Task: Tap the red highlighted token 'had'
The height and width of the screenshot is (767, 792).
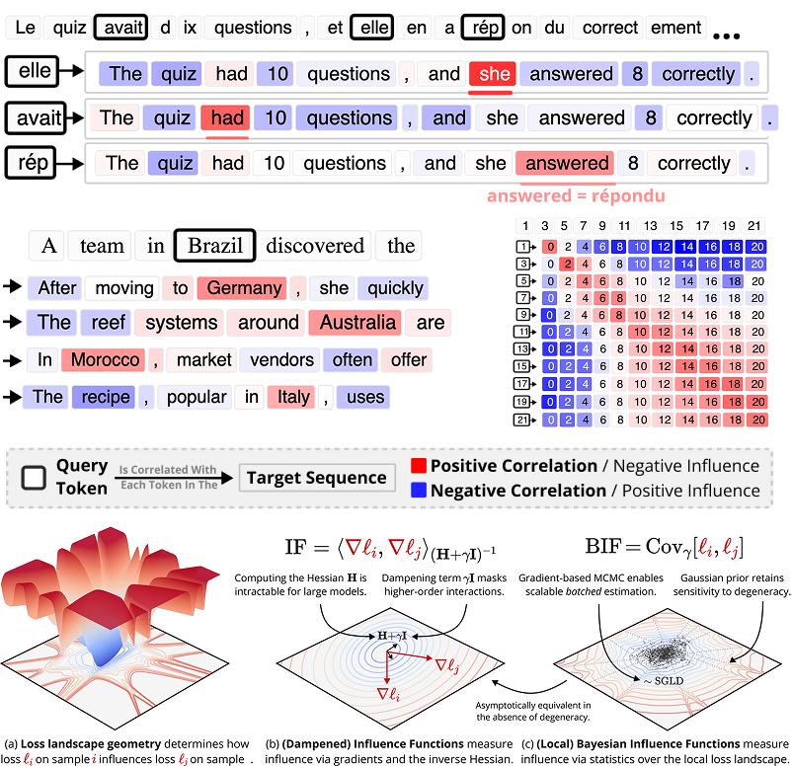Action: click(227, 118)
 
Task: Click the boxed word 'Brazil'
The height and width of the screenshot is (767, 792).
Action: click(214, 246)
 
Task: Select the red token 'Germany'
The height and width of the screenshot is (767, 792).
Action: click(240, 288)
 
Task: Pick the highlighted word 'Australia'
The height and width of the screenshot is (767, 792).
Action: click(352, 323)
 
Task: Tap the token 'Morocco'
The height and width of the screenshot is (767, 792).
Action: click(101, 360)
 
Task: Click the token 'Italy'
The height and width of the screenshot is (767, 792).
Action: click(292, 398)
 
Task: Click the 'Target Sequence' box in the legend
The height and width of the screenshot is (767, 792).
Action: click(316, 478)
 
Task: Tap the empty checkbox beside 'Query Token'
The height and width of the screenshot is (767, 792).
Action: click(34, 478)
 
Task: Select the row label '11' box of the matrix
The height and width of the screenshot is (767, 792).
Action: click(523, 333)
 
